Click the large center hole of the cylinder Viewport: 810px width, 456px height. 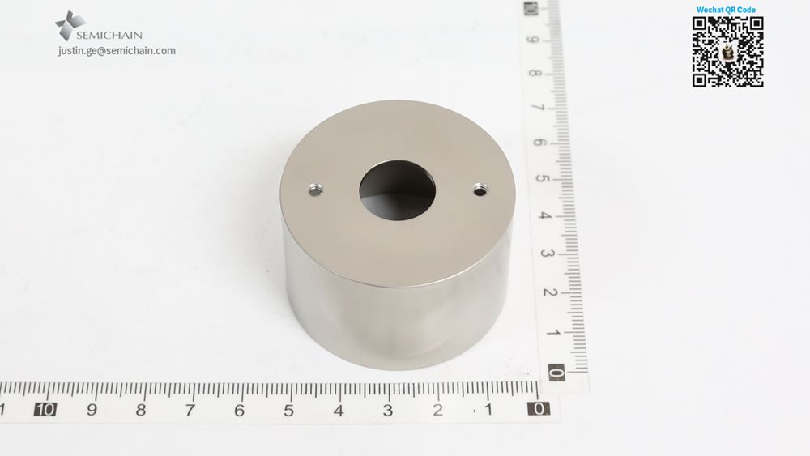click(397, 190)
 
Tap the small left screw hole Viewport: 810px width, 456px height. click(314, 190)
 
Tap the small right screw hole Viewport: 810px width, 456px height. click(480, 190)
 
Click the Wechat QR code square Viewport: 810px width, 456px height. click(728, 52)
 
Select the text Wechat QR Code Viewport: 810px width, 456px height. click(726, 9)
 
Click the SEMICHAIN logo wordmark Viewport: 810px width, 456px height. click(109, 35)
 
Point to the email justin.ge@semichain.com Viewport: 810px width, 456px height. click(117, 50)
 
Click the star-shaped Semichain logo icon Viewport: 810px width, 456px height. click(70, 25)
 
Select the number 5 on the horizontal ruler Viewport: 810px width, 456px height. click(288, 410)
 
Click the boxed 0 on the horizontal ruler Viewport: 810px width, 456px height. click(539, 409)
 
